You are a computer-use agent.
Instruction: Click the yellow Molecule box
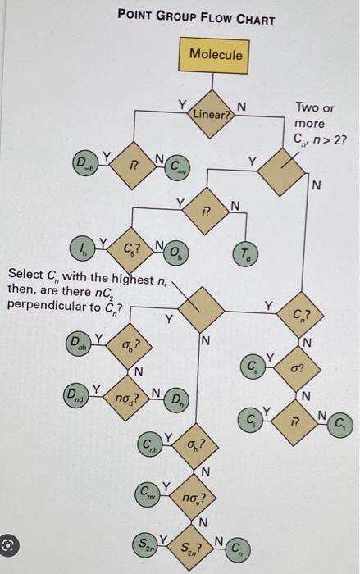pyautogui.click(x=215, y=55)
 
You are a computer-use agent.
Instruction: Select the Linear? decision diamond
pyautogui.click(x=212, y=114)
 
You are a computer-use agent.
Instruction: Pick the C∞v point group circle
pyautogui.click(x=178, y=168)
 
